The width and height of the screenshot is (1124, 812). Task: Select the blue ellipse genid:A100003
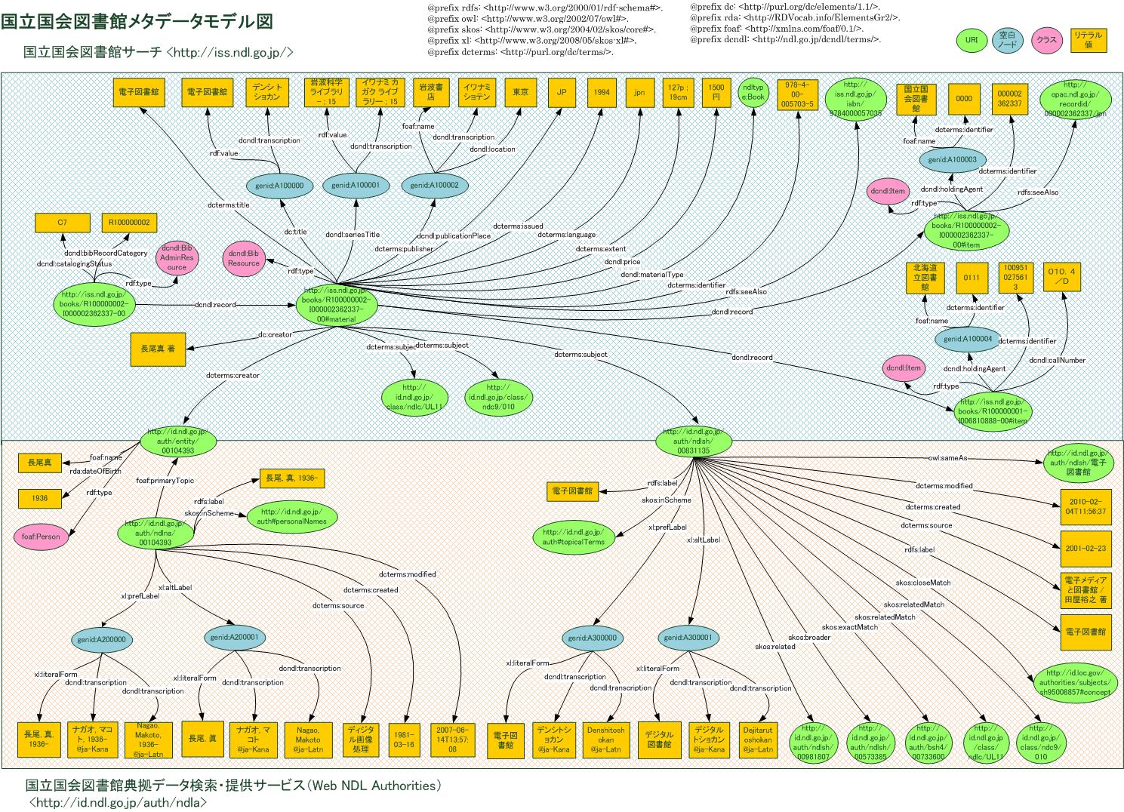click(x=952, y=159)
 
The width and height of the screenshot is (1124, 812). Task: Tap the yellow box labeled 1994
click(x=601, y=92)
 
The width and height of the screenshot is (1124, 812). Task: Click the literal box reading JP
click(x=561, y=92)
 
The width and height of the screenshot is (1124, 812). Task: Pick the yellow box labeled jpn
click(x=639, y=92)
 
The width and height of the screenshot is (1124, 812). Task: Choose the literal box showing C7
click(x=63, y=223)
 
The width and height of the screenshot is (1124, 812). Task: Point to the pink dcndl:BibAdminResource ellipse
click(x=177, y=257)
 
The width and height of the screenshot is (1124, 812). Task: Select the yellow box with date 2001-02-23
click(x=1086, y=548)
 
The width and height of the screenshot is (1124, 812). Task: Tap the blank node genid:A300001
click(x=688, y=638)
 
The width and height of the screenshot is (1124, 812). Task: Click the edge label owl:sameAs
click(x=947, y=458)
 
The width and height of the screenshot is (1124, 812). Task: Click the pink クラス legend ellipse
click(x=1046, y=40)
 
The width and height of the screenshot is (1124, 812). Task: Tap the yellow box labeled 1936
click(x=40, y=498)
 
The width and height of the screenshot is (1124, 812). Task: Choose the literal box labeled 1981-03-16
click(x=405, y=739)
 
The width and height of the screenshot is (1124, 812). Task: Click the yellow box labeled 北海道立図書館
click(x=926, y=277)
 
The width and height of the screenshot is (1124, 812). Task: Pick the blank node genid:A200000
click(x=102, y=639)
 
